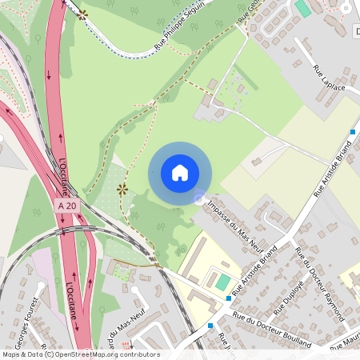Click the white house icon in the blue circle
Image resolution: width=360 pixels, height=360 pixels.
coord(180,173)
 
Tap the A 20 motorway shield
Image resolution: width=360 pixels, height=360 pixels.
coord(68,206)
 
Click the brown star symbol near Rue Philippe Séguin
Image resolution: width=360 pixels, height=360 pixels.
coord(82,14)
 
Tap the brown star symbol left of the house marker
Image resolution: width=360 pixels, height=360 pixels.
coord(122,189)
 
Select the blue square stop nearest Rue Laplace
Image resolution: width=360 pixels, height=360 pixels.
coord(353,131)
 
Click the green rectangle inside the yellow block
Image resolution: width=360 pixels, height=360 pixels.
coord(222,282)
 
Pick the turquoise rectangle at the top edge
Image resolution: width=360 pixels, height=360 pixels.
coord(303,8)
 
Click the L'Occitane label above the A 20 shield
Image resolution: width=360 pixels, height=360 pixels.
coord(63,176)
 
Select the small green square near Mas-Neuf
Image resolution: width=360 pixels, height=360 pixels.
coord(122,272)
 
